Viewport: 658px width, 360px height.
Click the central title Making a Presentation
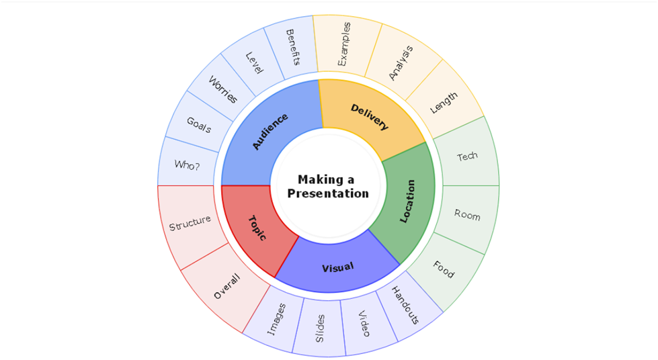[328, 186]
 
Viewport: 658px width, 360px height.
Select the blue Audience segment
[270, 132]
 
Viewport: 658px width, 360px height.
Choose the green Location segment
[407, 201]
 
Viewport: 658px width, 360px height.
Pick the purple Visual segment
[337, 267]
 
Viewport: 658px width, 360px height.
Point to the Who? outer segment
[187, 164]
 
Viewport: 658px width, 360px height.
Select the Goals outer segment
[199, 125]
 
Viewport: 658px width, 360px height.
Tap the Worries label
[222, 90]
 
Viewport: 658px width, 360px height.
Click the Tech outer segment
[468, 156]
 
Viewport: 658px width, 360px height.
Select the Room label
[467, 215]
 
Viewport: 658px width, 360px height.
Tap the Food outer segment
[444, 270]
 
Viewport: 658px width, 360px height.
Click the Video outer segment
[363, 324]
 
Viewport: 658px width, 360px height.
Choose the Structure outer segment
[190, 223]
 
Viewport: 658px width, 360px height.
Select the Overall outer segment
[227, 285]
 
